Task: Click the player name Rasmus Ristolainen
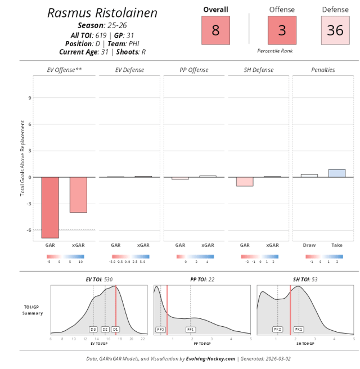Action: click(102, 13)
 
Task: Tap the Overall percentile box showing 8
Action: click(215, 30)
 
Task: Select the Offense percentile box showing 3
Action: click(282, 30)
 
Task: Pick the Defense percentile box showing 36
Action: click(335, 30)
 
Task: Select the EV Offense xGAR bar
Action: click(78, 195)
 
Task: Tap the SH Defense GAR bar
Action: click(245, 181)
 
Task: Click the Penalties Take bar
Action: click(336, 173)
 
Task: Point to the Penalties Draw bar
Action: click(309, 175)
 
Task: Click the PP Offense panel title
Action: click(193, 70)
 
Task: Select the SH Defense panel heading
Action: click(258, 70)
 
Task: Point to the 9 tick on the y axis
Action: click(30, 97)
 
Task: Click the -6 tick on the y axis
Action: click(29, 230)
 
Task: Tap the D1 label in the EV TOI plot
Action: click(115, 328)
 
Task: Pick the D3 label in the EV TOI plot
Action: click(93, 328)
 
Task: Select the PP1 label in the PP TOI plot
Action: click(191, 328)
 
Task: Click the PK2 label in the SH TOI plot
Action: click(277, 328)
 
